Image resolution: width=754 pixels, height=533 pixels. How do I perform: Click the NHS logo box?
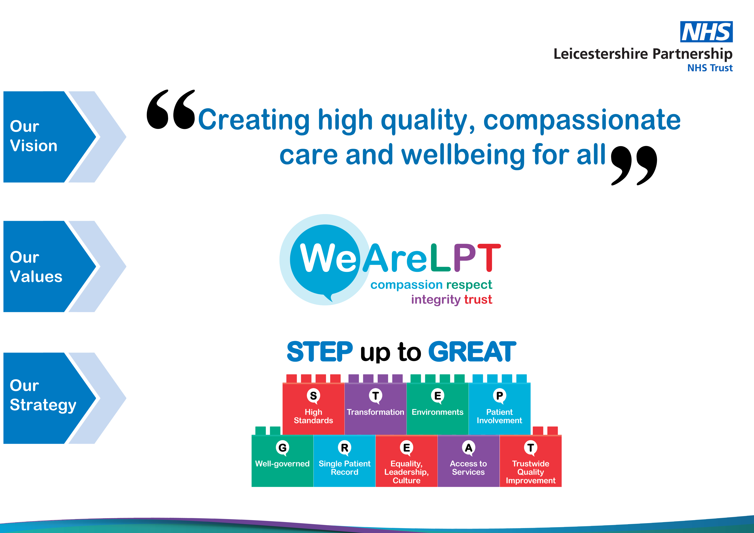click(x=706, y=32)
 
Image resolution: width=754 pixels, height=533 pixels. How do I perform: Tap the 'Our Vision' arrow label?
click(x=34, y=136)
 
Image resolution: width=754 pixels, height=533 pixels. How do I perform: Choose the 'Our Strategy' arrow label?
click(x=43, y=396)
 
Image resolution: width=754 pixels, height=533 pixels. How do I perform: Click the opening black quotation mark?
click(x=171, y=109)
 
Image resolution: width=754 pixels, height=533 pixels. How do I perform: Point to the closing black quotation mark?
click(x=634, y=165)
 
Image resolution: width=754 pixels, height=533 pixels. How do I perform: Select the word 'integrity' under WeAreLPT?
click(x=436, y=300)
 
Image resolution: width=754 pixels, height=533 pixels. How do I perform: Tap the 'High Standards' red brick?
click(x=313, y=409)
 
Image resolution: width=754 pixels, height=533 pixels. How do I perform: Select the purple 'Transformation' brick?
click(x=375, y=409)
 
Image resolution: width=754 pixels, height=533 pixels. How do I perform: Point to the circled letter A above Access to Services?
click(x=469, y=448)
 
